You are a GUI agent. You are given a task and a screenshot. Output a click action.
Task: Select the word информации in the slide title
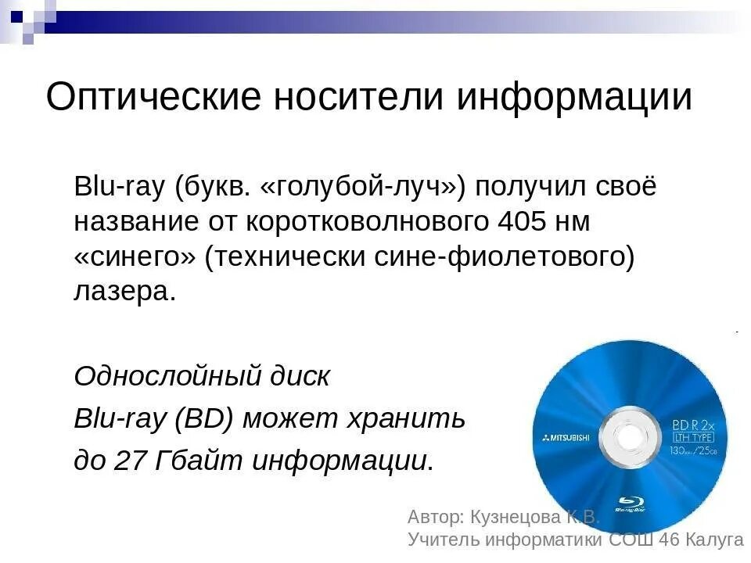point(575,98)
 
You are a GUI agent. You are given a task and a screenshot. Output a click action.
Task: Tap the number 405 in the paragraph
point(523,222)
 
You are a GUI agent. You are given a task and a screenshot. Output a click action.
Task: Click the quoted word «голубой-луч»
point(361,188)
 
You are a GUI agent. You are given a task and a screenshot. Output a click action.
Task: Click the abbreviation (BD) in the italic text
point(204,419)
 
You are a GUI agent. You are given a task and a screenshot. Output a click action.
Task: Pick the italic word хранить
point(419,419)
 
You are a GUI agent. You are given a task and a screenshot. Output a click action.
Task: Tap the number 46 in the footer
point(670,540)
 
